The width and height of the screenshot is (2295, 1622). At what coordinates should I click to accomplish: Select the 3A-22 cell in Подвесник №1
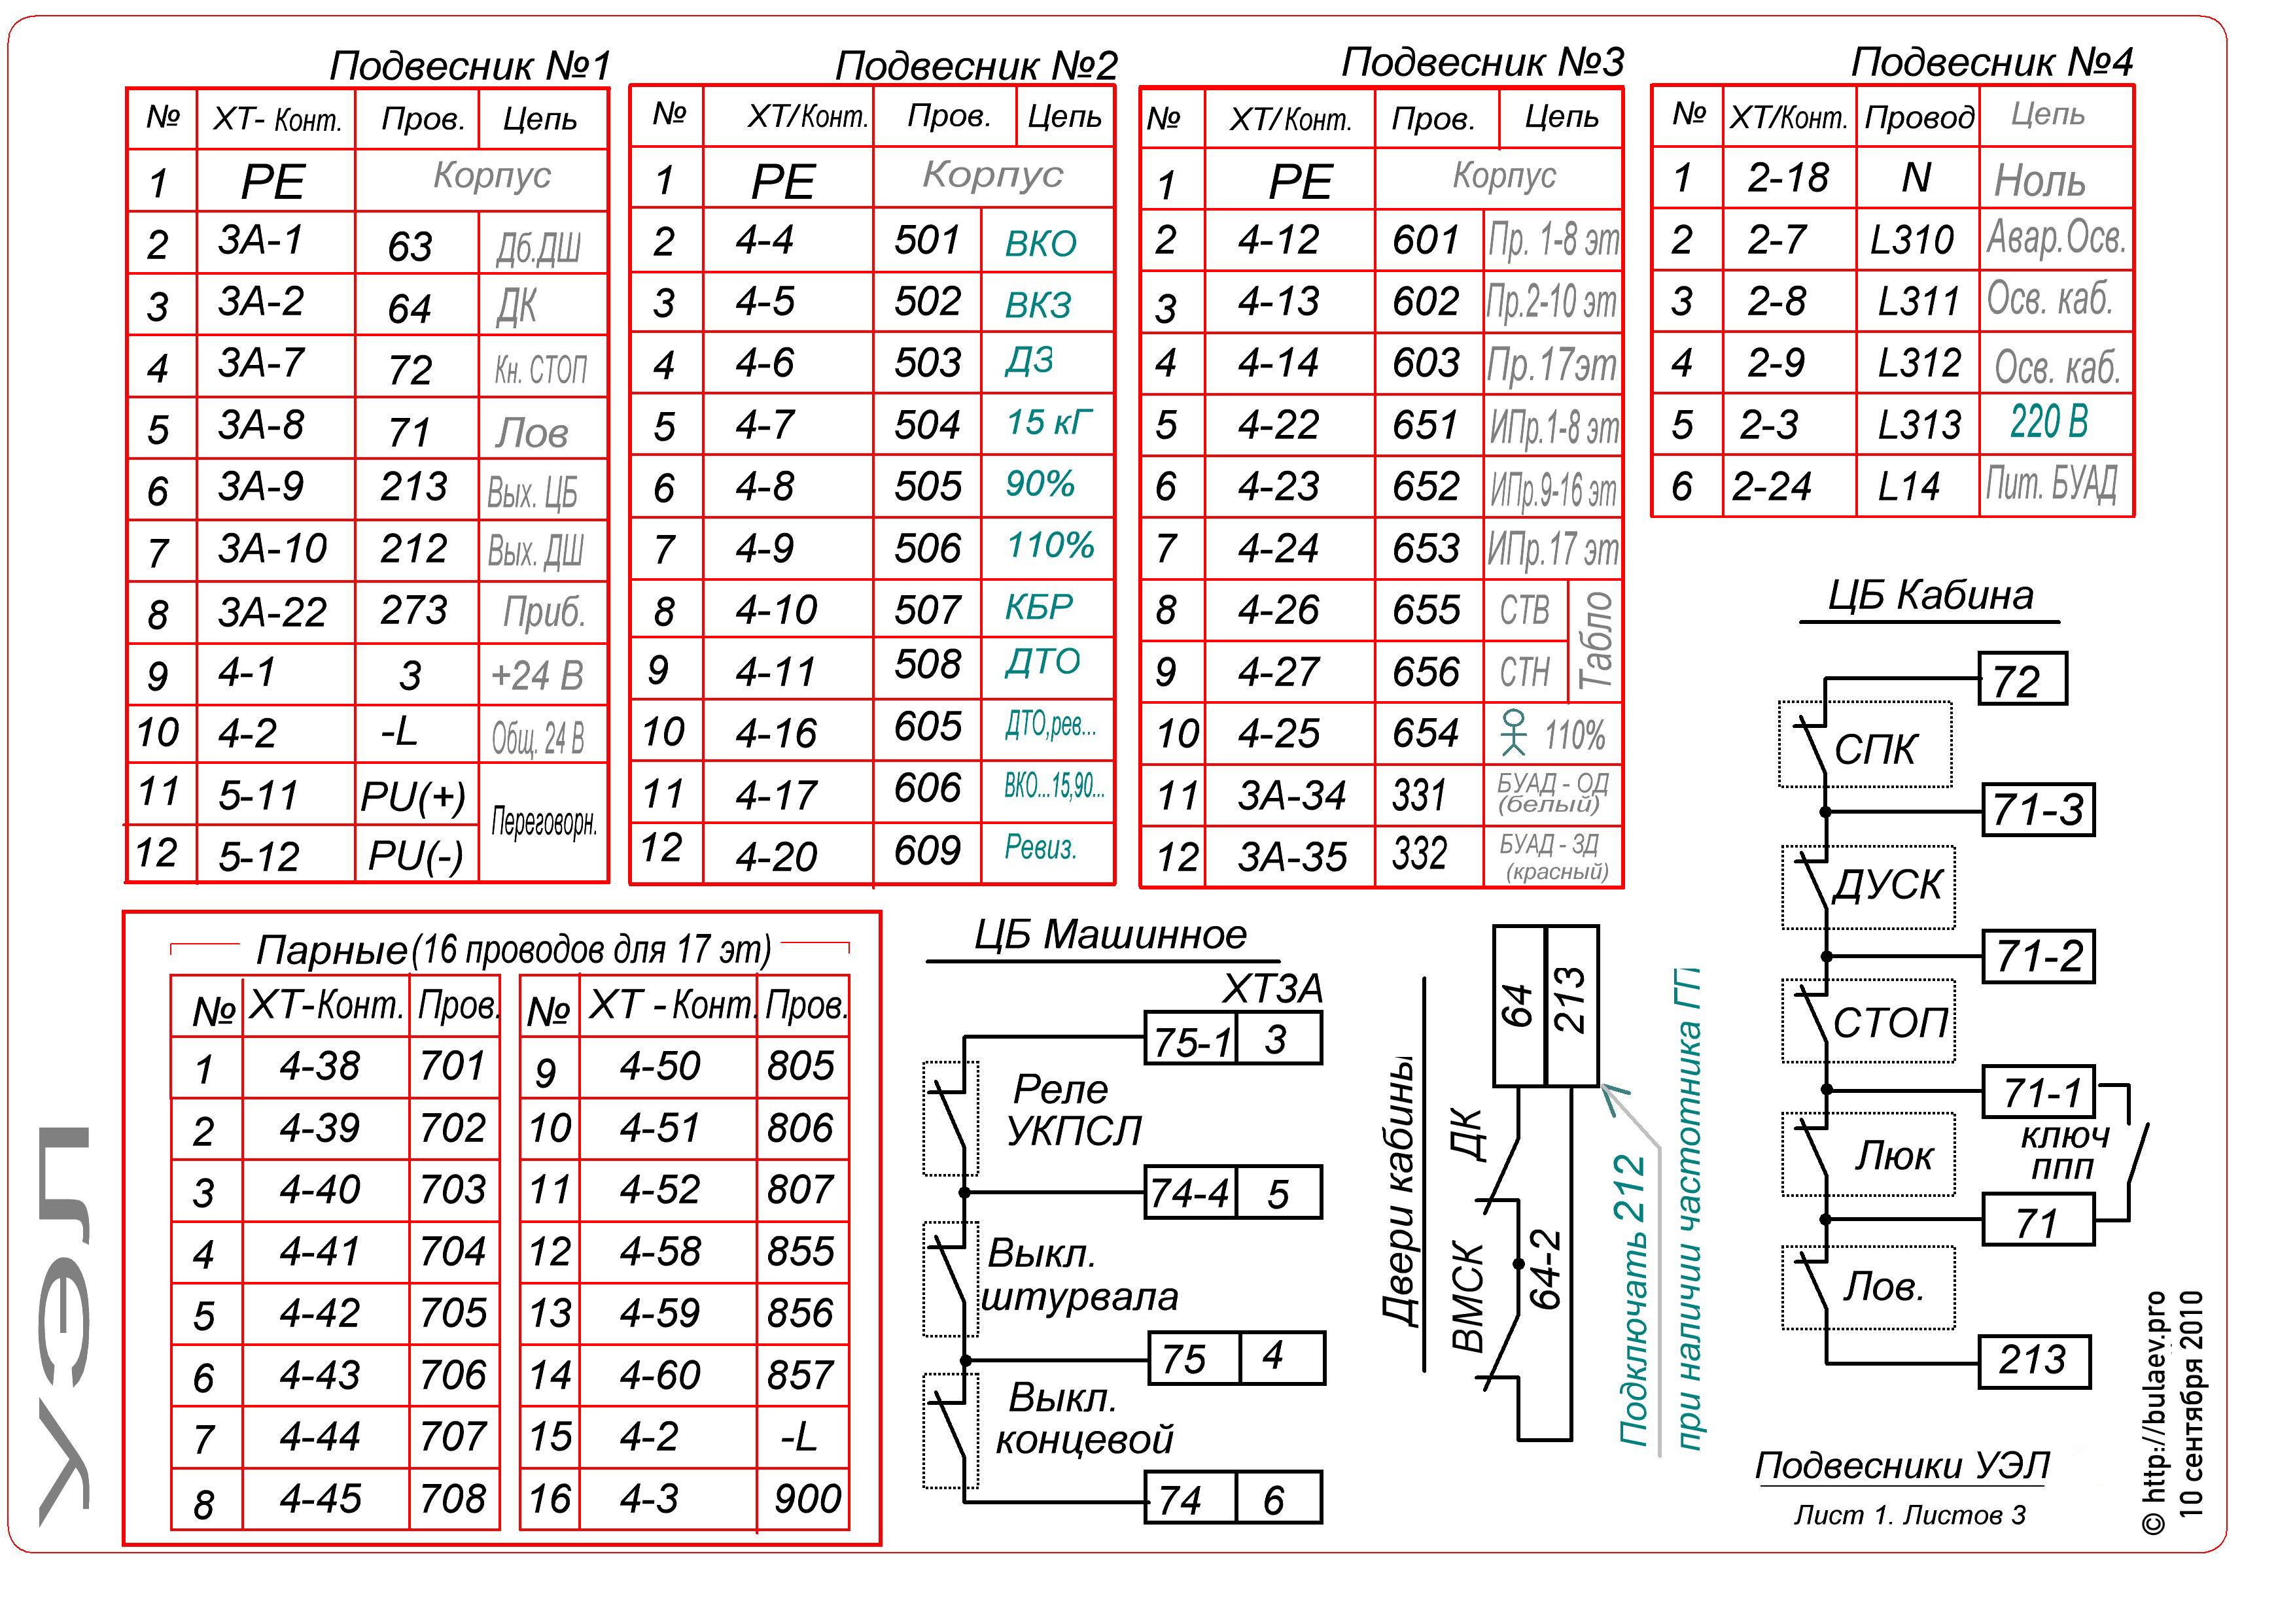click(272, 612)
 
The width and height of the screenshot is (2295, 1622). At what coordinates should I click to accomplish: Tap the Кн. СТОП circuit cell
click(541, 370)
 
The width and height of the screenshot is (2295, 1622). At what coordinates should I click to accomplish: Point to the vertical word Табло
click(1595, 640)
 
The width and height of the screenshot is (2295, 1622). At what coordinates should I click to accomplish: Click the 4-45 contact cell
click(320, 1498)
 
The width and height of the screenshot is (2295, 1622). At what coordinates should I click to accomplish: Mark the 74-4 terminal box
click(1189, 1193)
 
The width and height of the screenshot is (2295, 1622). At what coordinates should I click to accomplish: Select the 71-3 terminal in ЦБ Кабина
click(2037, 810)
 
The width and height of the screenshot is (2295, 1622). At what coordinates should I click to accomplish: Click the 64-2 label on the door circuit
click(1545, 1269)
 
